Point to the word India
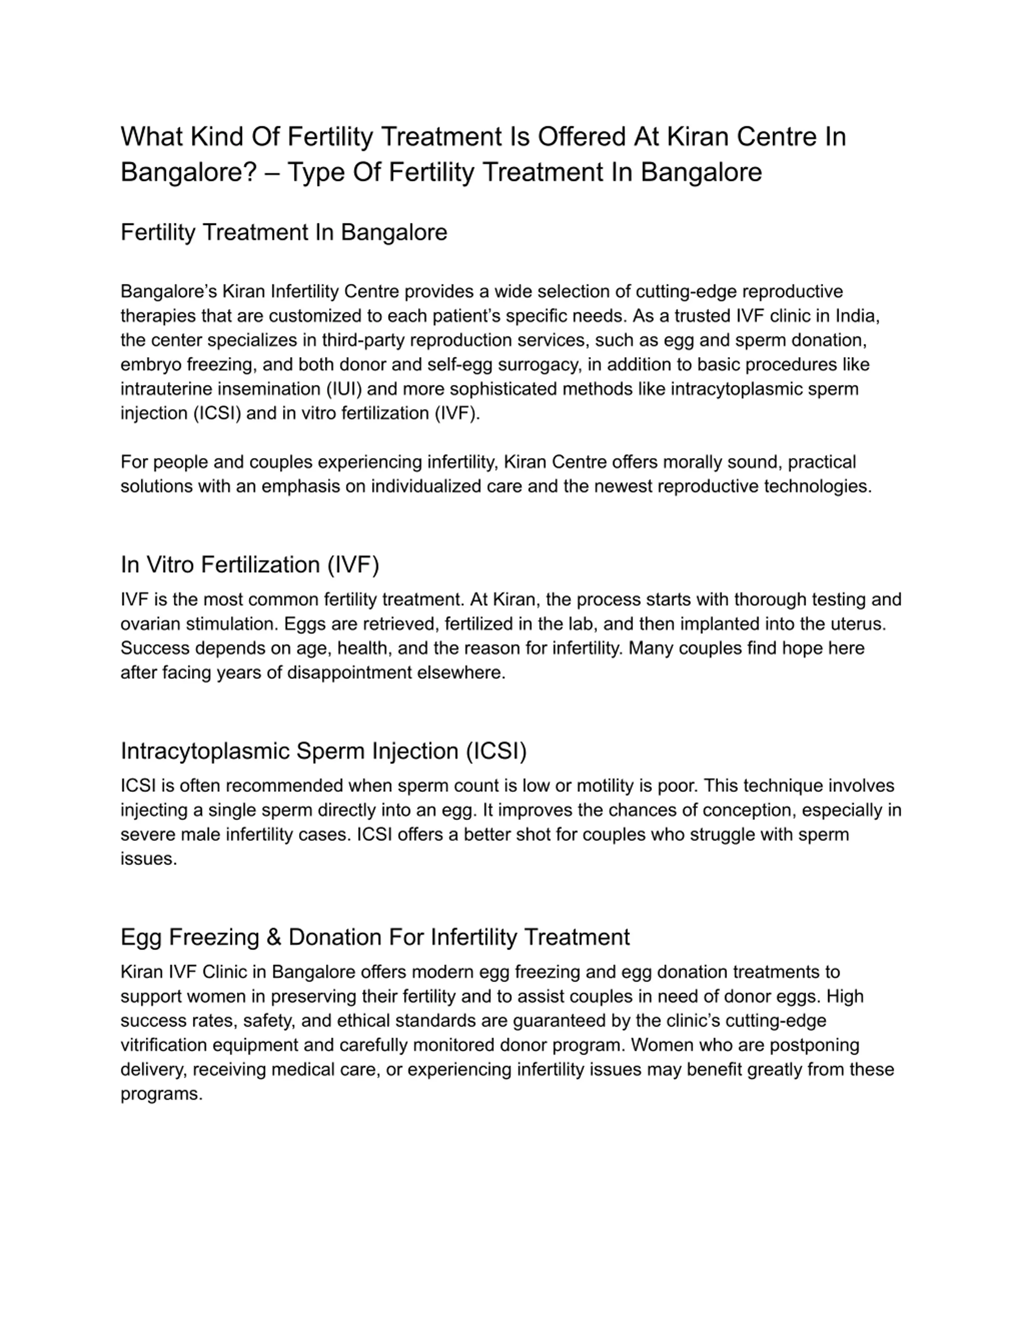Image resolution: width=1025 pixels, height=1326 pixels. [x=857, y=316]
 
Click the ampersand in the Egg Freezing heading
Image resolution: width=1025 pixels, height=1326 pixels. [x=273, y=937]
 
